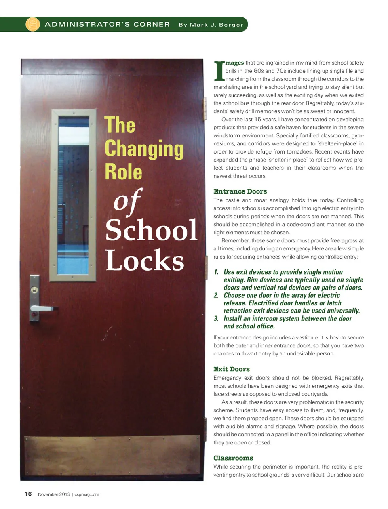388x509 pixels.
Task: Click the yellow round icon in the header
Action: pyautogui.click(x=33, y=24)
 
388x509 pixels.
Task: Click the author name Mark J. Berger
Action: pyautogui.click(x=211, y=25)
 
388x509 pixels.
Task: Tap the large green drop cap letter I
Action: pyautogui.click(x=219, y=71)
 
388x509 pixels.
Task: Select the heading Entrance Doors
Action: pyautogui.click(x=240, y=191)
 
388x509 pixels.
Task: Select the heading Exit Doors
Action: pyautogui.click(x=232, y=369)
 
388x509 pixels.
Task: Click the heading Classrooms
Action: pyautogui.click(x=233, y=458)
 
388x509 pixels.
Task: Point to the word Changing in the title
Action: pyautogui.click(x=144, y=149)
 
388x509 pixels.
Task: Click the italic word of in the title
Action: pyautogui.click(x=127, y=201)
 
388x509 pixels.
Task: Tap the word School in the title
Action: pyautogui.click(x=151, y=230)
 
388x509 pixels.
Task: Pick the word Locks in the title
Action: pyautogui.click(x=145, y=260)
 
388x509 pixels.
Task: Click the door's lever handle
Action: pyautogui.click(x=42, y=309)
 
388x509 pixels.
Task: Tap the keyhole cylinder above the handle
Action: pyautogui.click(x=35, y=290)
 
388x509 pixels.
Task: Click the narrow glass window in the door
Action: pyautogui.click(x=73, y=195)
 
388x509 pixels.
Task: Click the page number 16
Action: pyautogui.click(x=28, y=494)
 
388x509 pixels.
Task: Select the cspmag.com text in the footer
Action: pyautogui.click(x=87, y=494)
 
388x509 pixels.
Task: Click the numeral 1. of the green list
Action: pyautogui.click(x=216, y=272)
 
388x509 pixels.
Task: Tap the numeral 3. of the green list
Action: pyautogui.click(x=216, y=319)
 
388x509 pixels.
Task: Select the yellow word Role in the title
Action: pyautogui.click(x=123, y=172)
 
